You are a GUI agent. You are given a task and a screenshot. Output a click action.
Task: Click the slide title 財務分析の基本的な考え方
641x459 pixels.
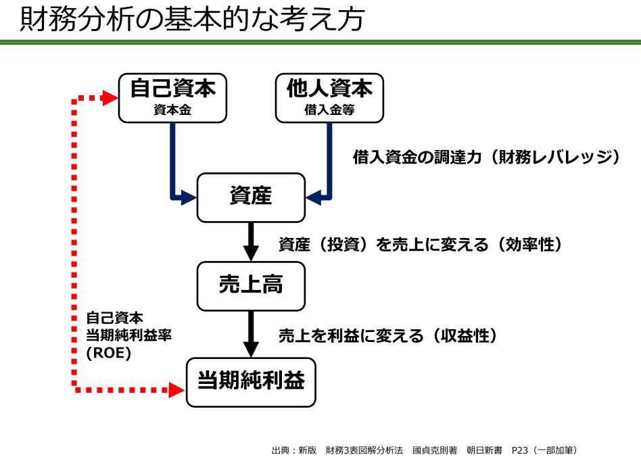(192, 20)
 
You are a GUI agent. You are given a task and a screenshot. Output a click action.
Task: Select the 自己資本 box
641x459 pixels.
(172, 97)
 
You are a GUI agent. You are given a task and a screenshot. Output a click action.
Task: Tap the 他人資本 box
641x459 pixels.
(329, 97)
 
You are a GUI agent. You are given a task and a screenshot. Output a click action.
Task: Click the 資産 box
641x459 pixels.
(251, 197)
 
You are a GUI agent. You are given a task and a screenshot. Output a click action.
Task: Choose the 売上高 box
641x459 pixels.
(251, 286)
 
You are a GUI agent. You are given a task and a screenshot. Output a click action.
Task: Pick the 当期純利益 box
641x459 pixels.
(251, 382)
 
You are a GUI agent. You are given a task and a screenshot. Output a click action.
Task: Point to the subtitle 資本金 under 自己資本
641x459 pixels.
(172, 110)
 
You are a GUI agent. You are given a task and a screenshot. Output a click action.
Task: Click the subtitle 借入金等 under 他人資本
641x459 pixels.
(329, 110)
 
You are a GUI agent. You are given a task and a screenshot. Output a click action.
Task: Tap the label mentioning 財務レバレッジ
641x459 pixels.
(487, 158)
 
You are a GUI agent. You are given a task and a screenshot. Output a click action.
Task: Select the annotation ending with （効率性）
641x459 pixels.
(421, 245)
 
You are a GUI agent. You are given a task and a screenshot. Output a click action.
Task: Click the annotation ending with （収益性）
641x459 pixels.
(388, 335)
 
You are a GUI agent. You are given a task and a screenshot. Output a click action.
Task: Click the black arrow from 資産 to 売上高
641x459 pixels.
(251, 241)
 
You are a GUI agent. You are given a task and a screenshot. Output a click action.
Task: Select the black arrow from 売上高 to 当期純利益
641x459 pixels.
(251, 333)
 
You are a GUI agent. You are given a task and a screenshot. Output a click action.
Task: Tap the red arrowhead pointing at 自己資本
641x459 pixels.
(110, 99)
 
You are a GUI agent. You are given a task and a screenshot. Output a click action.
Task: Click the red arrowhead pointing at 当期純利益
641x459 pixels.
(177, 390)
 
